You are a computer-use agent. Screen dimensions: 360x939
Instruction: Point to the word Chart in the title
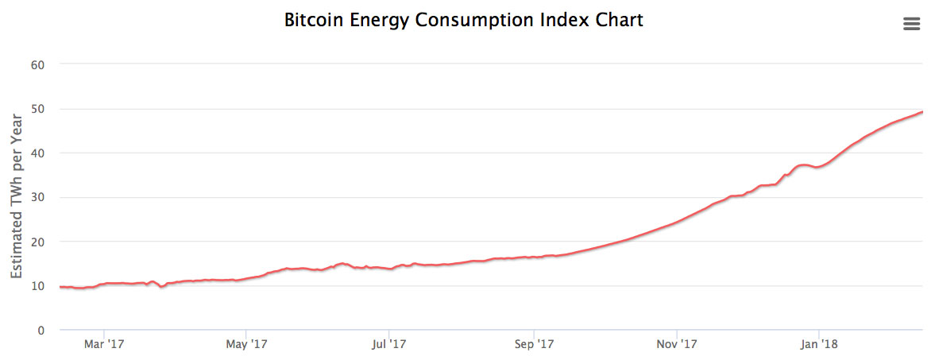click(x=615, y=21)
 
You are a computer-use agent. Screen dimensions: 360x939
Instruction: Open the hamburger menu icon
click(x=911, y=25)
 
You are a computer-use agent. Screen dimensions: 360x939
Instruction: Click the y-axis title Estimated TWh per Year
click(x=17, y=196)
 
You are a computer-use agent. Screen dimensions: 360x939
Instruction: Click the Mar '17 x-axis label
click(x=104, y=345)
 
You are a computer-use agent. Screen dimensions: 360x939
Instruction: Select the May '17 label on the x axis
click(x=247, y=345)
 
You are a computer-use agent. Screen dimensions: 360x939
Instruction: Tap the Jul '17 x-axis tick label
click(x=389, y=345)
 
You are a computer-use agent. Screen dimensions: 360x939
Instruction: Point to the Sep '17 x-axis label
click(x=534, y=345)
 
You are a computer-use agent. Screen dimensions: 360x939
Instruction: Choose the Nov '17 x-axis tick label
click(x=677, y=345)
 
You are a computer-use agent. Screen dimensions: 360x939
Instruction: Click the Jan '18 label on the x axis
click(x=820, y=345)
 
